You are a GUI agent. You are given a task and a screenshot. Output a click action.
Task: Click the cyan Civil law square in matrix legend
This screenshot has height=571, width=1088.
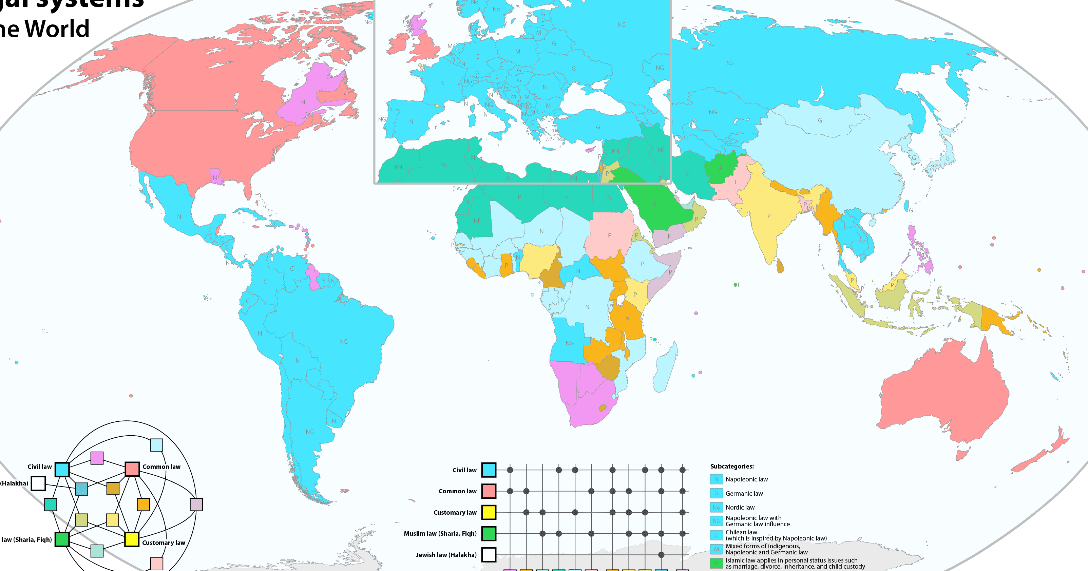[489, 470]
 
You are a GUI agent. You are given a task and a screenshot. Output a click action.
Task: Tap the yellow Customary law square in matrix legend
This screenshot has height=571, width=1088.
[489, 512]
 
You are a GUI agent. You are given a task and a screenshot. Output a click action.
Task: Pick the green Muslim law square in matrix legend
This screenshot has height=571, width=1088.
[489, 533]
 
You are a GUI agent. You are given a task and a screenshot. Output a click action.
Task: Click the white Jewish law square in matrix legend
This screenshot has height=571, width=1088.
[489, 554]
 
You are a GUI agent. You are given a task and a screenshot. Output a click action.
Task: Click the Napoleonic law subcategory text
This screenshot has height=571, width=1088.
[746, 479]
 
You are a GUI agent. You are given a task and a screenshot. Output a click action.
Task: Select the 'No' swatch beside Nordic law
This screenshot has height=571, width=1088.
[716, 507]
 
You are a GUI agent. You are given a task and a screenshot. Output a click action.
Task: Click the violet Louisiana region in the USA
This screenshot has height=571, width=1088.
[216, 177]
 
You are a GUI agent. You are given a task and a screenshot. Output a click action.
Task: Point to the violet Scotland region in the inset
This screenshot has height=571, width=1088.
[416, 25]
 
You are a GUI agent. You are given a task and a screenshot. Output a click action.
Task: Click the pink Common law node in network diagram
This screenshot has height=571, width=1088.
[132, 469]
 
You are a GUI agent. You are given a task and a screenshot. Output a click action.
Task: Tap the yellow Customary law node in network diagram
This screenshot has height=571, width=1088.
[131, 539]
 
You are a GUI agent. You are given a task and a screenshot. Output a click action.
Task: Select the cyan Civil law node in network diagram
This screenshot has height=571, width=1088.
[62, 469]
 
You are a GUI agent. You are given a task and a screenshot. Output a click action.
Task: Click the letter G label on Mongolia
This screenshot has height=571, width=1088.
[820, 120]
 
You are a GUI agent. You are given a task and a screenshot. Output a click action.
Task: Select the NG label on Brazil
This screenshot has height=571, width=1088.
[343, 341]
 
